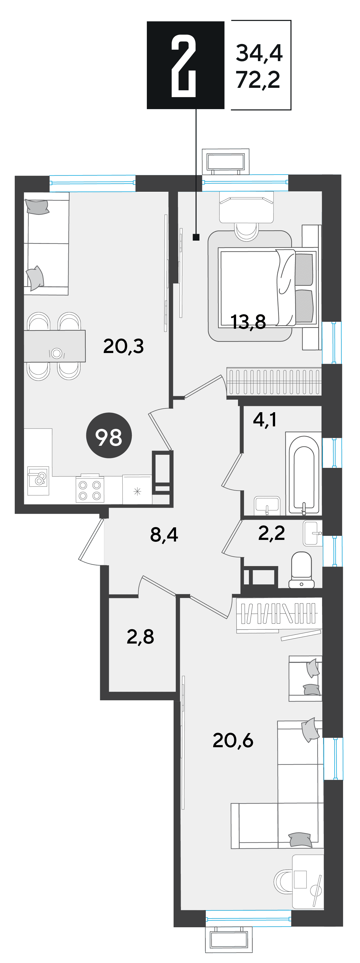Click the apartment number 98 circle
(x=109, y=435)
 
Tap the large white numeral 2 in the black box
(x=184, y=66)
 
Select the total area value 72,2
(x=258, y=80)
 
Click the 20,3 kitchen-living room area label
(x=123, y=346)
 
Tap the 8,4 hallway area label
(x=164, y=535)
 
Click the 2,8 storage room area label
(x=140, y=637)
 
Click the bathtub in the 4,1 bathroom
(x=304, y=473)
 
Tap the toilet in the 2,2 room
(x=302, y=570)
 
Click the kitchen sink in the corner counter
(x=38, y=481)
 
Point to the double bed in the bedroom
(x=268, y=287)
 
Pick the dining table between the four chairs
(x=55, y=346)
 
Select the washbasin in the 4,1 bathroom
(x=267, y=506)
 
